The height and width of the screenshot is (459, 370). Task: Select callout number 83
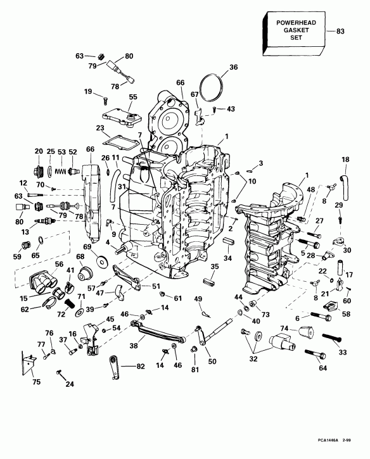point(340,30)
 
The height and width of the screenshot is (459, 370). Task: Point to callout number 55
point(133,97)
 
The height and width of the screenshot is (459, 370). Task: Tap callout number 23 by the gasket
point(100,127)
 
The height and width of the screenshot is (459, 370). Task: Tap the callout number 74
point(284,328)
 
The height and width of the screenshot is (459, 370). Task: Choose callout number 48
point(310,189)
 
